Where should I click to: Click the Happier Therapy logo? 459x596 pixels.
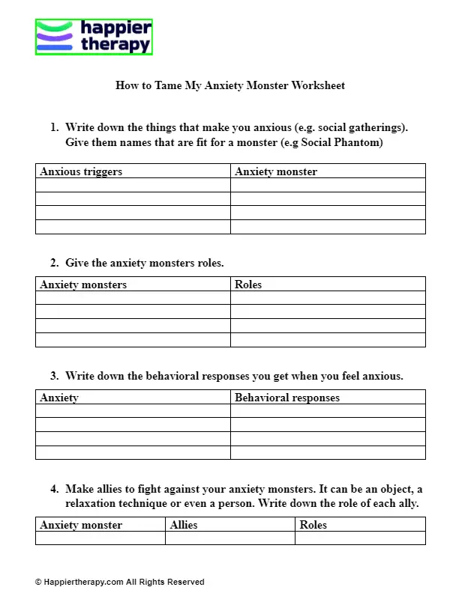(x=94, y=37)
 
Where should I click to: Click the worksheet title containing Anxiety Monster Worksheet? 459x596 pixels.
(x=230, y=85)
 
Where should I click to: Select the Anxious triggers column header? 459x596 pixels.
(x=81, y=171)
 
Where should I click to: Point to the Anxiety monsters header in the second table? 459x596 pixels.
(x=83, y=285)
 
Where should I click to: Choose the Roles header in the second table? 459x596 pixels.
(x=248, y=285)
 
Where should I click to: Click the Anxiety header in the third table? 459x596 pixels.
(x=59, y=398)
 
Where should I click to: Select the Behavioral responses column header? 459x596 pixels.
(x=287, y=398)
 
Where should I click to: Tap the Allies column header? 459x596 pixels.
(x=184, y=525)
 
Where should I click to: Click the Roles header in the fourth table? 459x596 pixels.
(x=313, y=525)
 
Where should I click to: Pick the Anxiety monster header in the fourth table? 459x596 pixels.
(x=81, y=525)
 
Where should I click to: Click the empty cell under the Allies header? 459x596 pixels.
(x=229, y=538)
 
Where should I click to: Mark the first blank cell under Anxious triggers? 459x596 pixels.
(x=133, y=185)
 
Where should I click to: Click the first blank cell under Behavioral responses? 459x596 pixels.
(x=328, y=411)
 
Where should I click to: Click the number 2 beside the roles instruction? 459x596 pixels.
(x=54, y=263)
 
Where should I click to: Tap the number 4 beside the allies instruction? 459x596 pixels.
(x=54, y=489)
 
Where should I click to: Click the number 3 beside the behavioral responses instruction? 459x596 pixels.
(x=54, y=376)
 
